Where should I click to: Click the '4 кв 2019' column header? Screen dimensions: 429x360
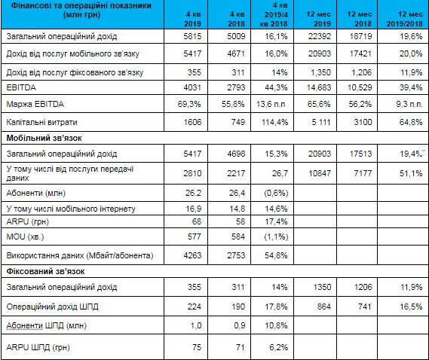click(192, 19)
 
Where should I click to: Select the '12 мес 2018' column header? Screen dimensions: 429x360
click(359, 19)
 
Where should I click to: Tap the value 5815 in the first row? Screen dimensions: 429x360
click(192, 36)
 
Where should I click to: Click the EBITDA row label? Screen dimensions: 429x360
click(21, 87)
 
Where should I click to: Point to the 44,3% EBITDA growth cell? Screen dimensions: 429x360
click(276, 87)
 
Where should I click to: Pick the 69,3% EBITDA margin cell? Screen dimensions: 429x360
click(189, 104)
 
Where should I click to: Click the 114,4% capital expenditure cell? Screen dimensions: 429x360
click(274, 122)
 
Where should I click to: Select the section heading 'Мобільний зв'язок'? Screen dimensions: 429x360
click(44, 138)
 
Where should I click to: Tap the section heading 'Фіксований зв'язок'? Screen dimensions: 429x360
click(45, 271)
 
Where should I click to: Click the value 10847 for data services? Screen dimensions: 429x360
click(320, 173)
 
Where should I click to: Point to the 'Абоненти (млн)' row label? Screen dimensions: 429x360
click(36, 194)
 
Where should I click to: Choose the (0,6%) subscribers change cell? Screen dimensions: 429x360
click(276, 194)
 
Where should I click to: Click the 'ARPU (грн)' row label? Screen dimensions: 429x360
click(28, 221)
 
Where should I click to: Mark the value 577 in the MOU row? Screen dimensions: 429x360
click(195, 236)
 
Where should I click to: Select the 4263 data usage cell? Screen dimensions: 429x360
click(192, 255)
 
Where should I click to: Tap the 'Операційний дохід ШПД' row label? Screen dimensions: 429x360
click(52, 307)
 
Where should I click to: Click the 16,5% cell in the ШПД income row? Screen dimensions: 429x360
click(411, 307)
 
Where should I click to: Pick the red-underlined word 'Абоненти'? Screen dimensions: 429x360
click(25, 325)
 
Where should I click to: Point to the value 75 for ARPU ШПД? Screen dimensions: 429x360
click(197, 347)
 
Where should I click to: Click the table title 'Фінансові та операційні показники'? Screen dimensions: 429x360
click(81, 5)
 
